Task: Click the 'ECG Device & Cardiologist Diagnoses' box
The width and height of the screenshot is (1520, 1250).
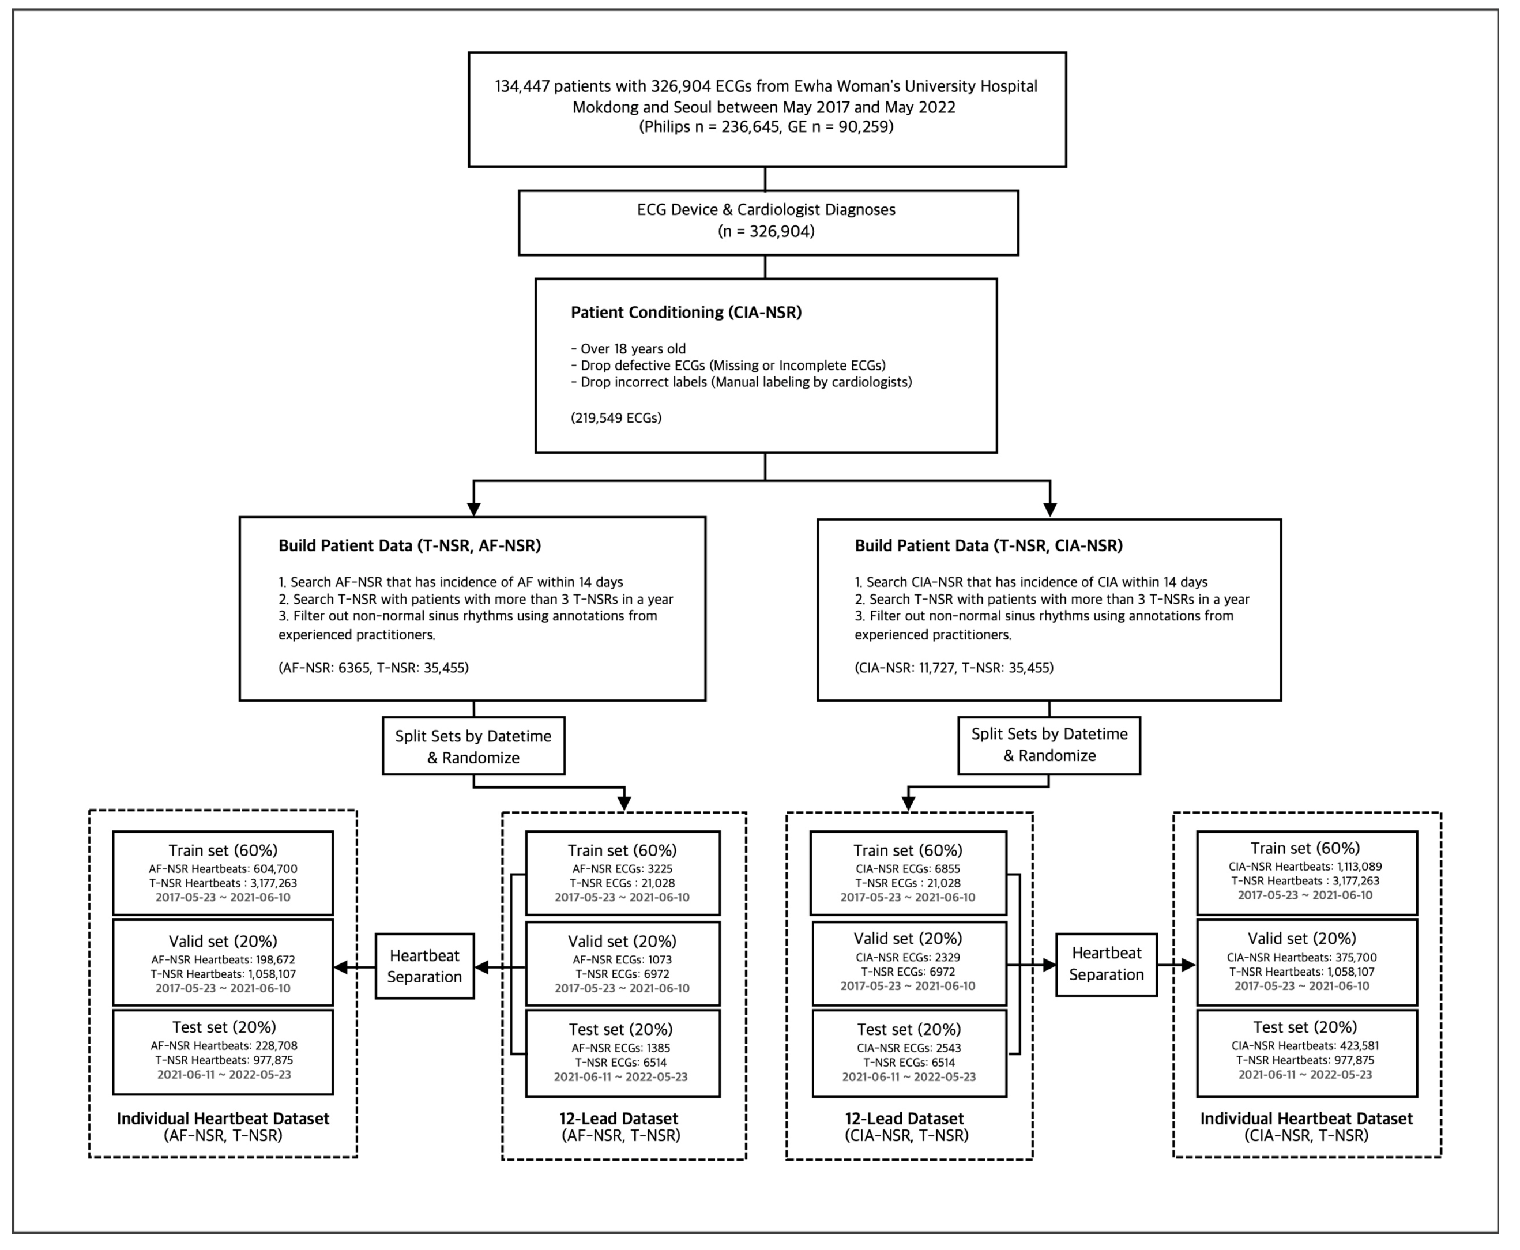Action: click(767, 222)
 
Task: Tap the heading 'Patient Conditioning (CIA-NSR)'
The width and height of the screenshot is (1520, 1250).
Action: click(686, 312)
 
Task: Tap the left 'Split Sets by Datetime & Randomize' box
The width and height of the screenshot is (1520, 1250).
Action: click(473, 746)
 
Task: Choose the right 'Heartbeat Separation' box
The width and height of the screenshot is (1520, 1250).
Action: click(1106, 964)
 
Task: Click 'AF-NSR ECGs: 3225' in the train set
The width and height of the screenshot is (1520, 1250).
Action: click(622, 869)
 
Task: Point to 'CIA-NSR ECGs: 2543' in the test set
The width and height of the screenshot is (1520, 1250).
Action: click(909, 1048)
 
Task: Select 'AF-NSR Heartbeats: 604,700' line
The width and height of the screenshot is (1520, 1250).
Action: click(223, 869)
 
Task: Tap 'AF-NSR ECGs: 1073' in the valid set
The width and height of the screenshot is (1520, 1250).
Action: click(622, 960)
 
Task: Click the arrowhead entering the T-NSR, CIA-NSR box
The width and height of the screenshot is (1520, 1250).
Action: click(1050, 510)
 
